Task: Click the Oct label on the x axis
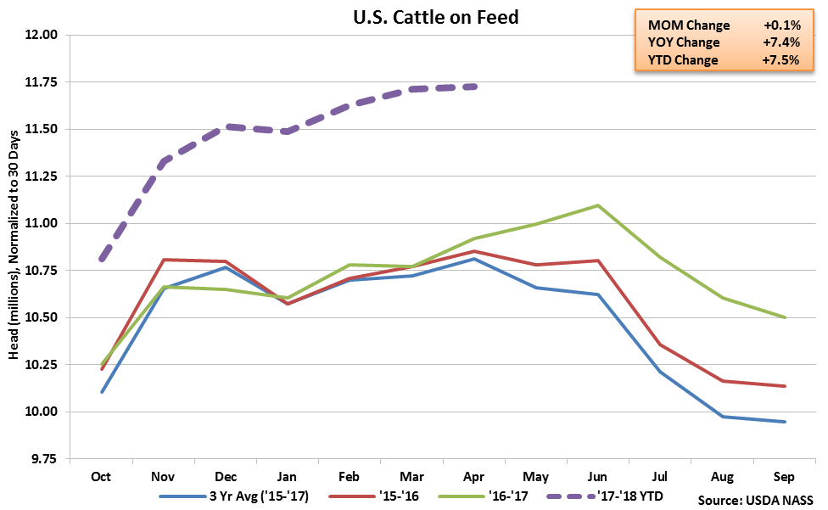(x=101, y=477)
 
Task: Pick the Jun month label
(x=598, y=477)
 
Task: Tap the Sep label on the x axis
(x=785, y=477)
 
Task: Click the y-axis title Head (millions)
(x=14, y=246)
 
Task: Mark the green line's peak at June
(x=598, y=205)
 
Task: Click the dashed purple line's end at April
(x=474, y=87)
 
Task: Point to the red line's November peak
(x=163, y=260)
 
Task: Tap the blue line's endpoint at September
(x=785, y=422)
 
